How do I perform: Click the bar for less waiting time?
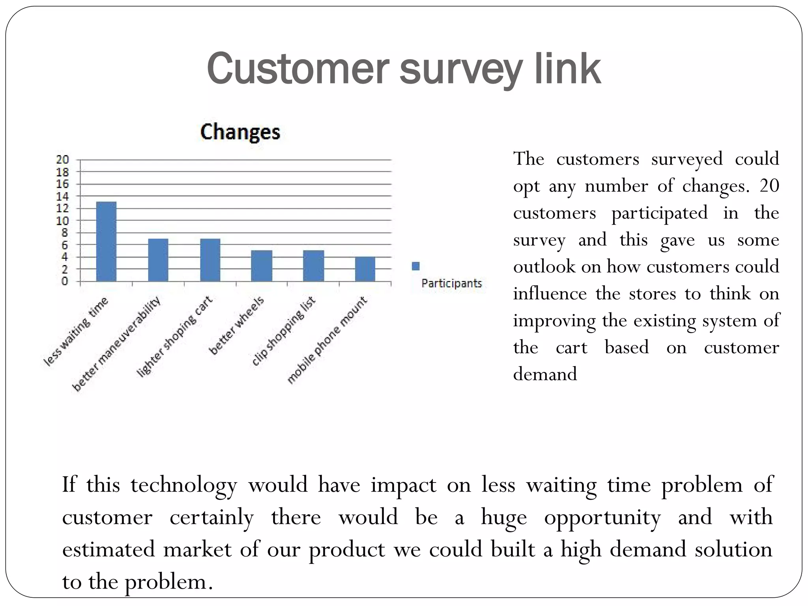pos(106,241)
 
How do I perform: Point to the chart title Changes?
pos(240,132)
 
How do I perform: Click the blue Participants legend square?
pos(415,266)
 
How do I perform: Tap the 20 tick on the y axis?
pos(62,160)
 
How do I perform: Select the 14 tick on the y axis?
pos(62,196)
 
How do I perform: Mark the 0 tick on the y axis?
pos(64,281)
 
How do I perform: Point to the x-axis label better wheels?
pos(236,326)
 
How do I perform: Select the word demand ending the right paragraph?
pos(545,374)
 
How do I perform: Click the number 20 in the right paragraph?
pos(769,185)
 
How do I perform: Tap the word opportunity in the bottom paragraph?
pos(602,517)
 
